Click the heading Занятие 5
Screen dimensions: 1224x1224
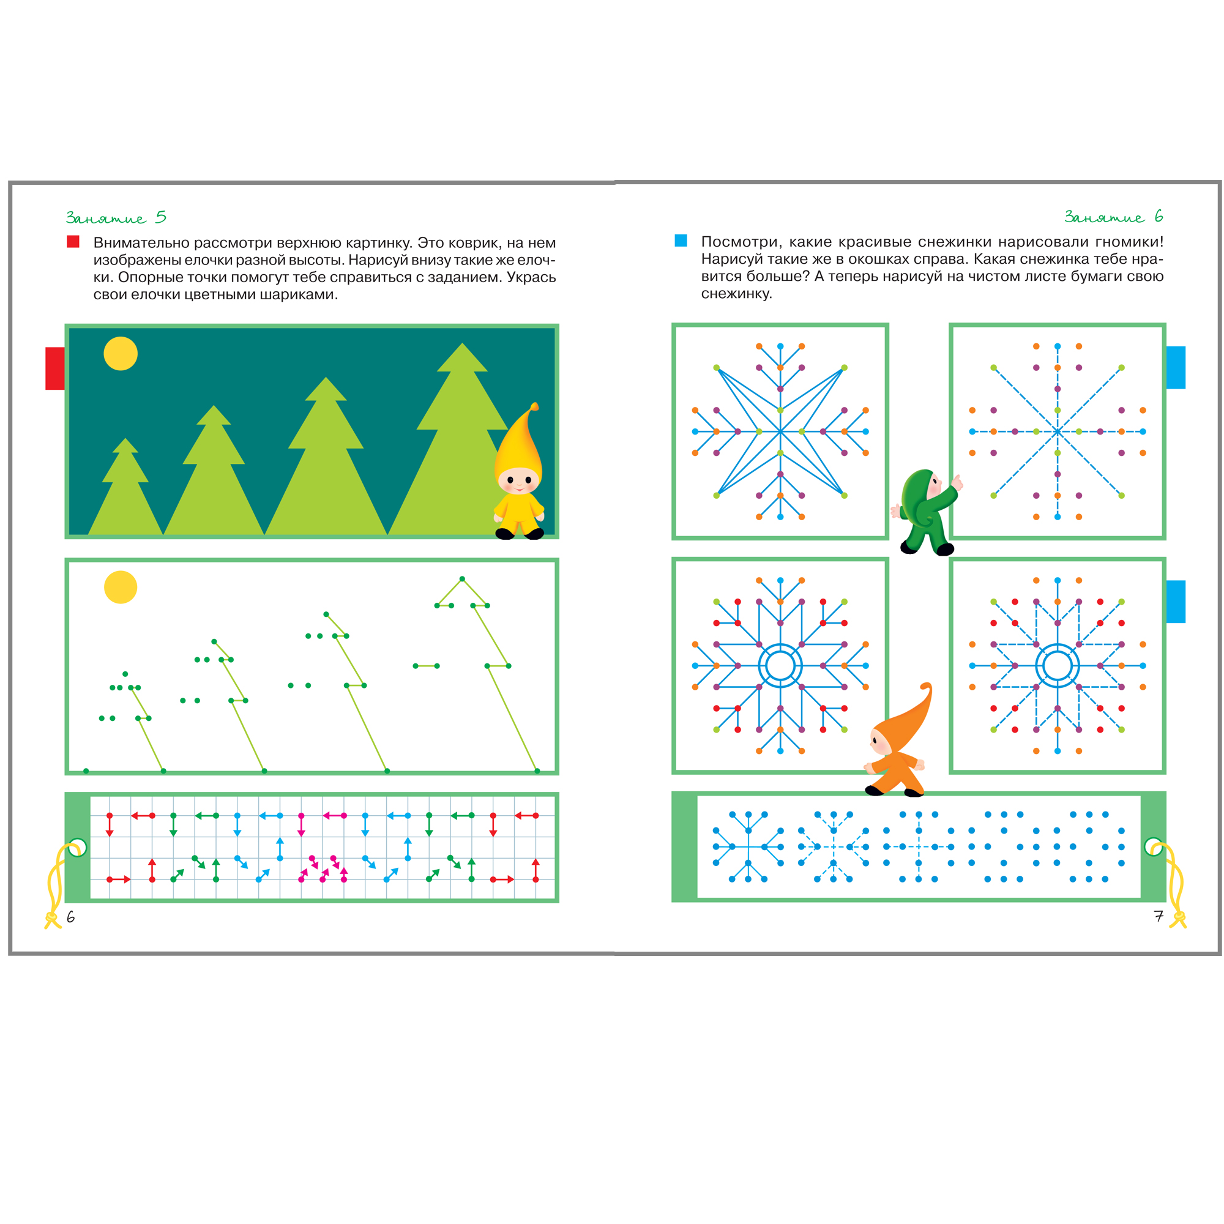[x=116, y=217]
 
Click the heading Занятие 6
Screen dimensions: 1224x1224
[x=1113, y=217]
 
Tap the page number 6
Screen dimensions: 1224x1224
[x=70, y=917]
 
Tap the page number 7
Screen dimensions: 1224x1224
[x=1158, y=916]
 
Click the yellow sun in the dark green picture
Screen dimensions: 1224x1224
[x=121, y=354]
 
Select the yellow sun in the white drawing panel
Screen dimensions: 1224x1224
[x=121, y=588]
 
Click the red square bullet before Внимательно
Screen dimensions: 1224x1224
[x=73, y=241]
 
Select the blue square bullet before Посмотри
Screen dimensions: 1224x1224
[x=681, y=241]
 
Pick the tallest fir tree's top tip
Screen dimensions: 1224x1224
[x=462, y=343]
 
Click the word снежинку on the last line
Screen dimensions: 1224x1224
[x=736, y=294]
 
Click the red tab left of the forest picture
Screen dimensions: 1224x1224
[x=54, y=368]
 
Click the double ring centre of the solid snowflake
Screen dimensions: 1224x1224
[x=780, y=665]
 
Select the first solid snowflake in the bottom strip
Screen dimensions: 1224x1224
[x=748, y=846]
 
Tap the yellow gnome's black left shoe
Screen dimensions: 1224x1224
[x=504, y=534]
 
